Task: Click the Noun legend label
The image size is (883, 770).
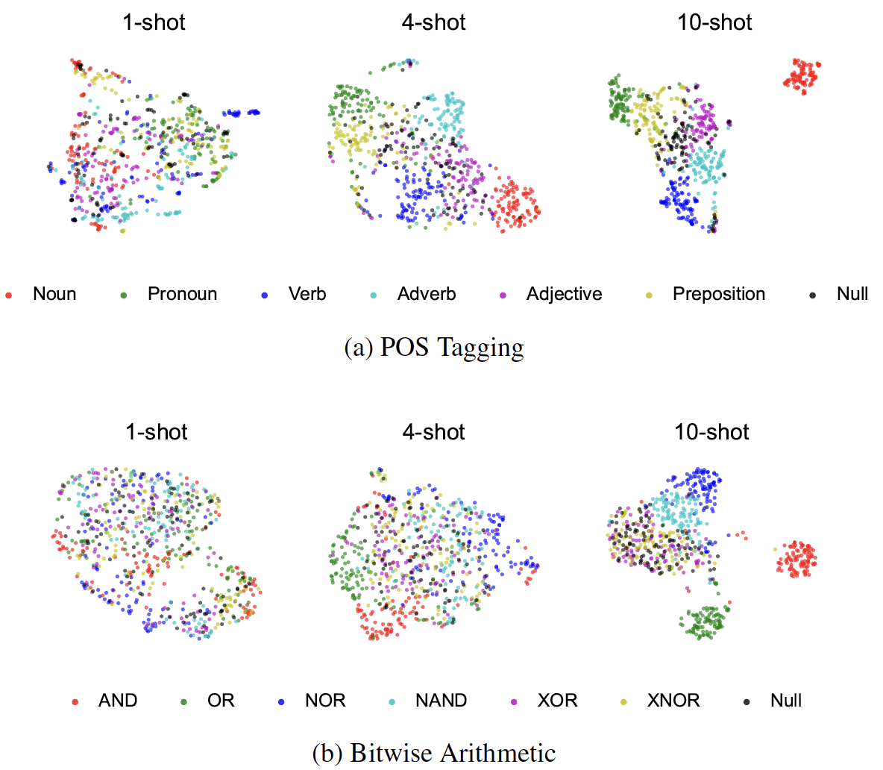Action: pyautogui.click(x=54, y=294)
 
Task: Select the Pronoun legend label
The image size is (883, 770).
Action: pyautogui.click(x=182, y=294)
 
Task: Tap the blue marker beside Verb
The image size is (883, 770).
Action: pyautogui.click(x=265, y=295)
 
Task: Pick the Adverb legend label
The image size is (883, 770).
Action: pyautogui.click(x=427, y=294)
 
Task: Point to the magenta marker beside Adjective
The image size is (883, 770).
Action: pyautogui.click(x=503, y=295)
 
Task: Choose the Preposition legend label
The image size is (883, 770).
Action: pyautogui.click(x=719, y=294)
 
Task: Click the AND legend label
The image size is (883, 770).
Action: pyautogui.click(x=118, y=701)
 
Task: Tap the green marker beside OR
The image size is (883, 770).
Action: pyautogui.click(x=183, y=702)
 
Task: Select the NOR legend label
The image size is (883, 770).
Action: pyautogui.click(x=325, y=701)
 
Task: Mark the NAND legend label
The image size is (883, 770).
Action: pyautogui.click(x=441, y=701)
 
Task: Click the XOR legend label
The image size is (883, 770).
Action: pyautogui.click(x=557, y=701)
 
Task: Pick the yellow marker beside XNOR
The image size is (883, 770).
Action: pyautogui.click(x=624, y=702)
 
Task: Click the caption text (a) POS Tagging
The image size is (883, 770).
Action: pyautogui.click(x=434, y=348)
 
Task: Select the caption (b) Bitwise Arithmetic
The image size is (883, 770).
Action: pyautogui.click(x=433, y=753)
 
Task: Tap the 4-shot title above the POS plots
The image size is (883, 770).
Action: pyautogui.click(x=433, y=22)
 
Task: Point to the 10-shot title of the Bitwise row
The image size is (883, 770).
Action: pyautogui.click(x=711, y=432)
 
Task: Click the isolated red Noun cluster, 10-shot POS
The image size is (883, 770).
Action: pyautogui.click(x=802, y=75)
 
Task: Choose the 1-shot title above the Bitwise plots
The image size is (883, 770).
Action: pyautogui.click(x=157, y=432)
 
